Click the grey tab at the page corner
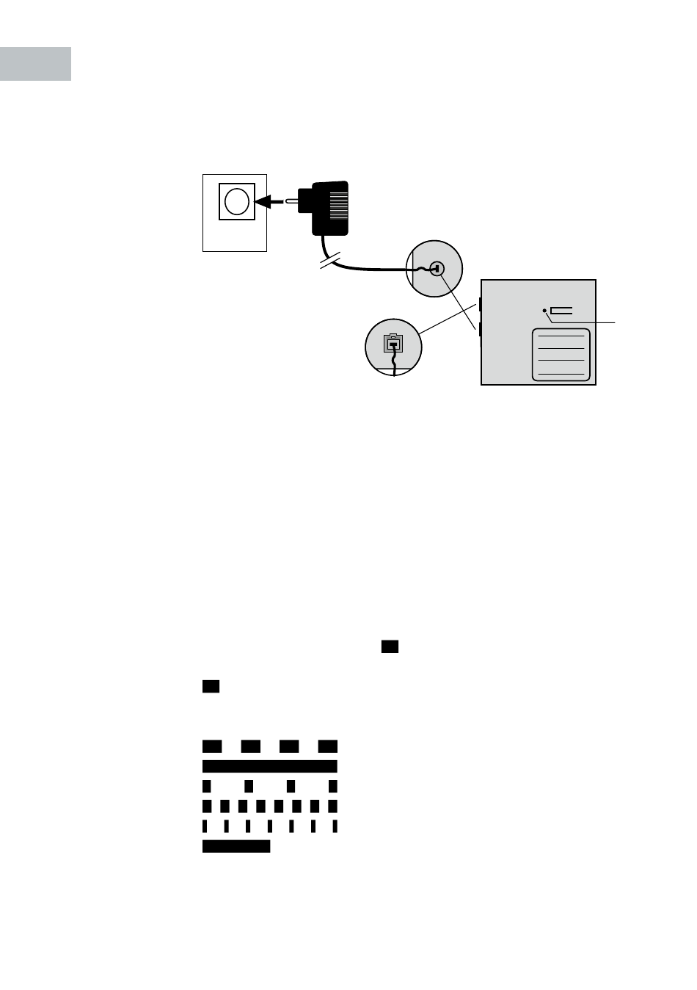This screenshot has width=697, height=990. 35,64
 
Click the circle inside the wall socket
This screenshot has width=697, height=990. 237,201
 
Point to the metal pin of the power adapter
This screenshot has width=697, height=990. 291,200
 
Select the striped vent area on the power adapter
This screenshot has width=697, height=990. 338,207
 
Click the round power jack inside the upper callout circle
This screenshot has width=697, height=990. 437,269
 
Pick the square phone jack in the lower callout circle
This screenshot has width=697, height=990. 394,343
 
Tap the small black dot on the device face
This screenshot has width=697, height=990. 544,311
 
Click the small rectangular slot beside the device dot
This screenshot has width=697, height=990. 561,311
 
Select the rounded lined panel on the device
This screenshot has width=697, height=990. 561,355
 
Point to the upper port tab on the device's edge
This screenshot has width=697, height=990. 480,303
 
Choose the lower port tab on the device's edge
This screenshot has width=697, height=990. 480,329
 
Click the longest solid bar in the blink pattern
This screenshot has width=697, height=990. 270,767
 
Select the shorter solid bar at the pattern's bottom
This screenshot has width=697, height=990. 236,847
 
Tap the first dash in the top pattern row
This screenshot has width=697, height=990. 212,747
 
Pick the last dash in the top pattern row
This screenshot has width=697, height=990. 327,747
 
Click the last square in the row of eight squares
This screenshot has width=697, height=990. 333,806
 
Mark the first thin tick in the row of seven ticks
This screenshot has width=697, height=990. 205,826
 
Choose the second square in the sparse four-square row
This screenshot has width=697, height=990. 249,787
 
